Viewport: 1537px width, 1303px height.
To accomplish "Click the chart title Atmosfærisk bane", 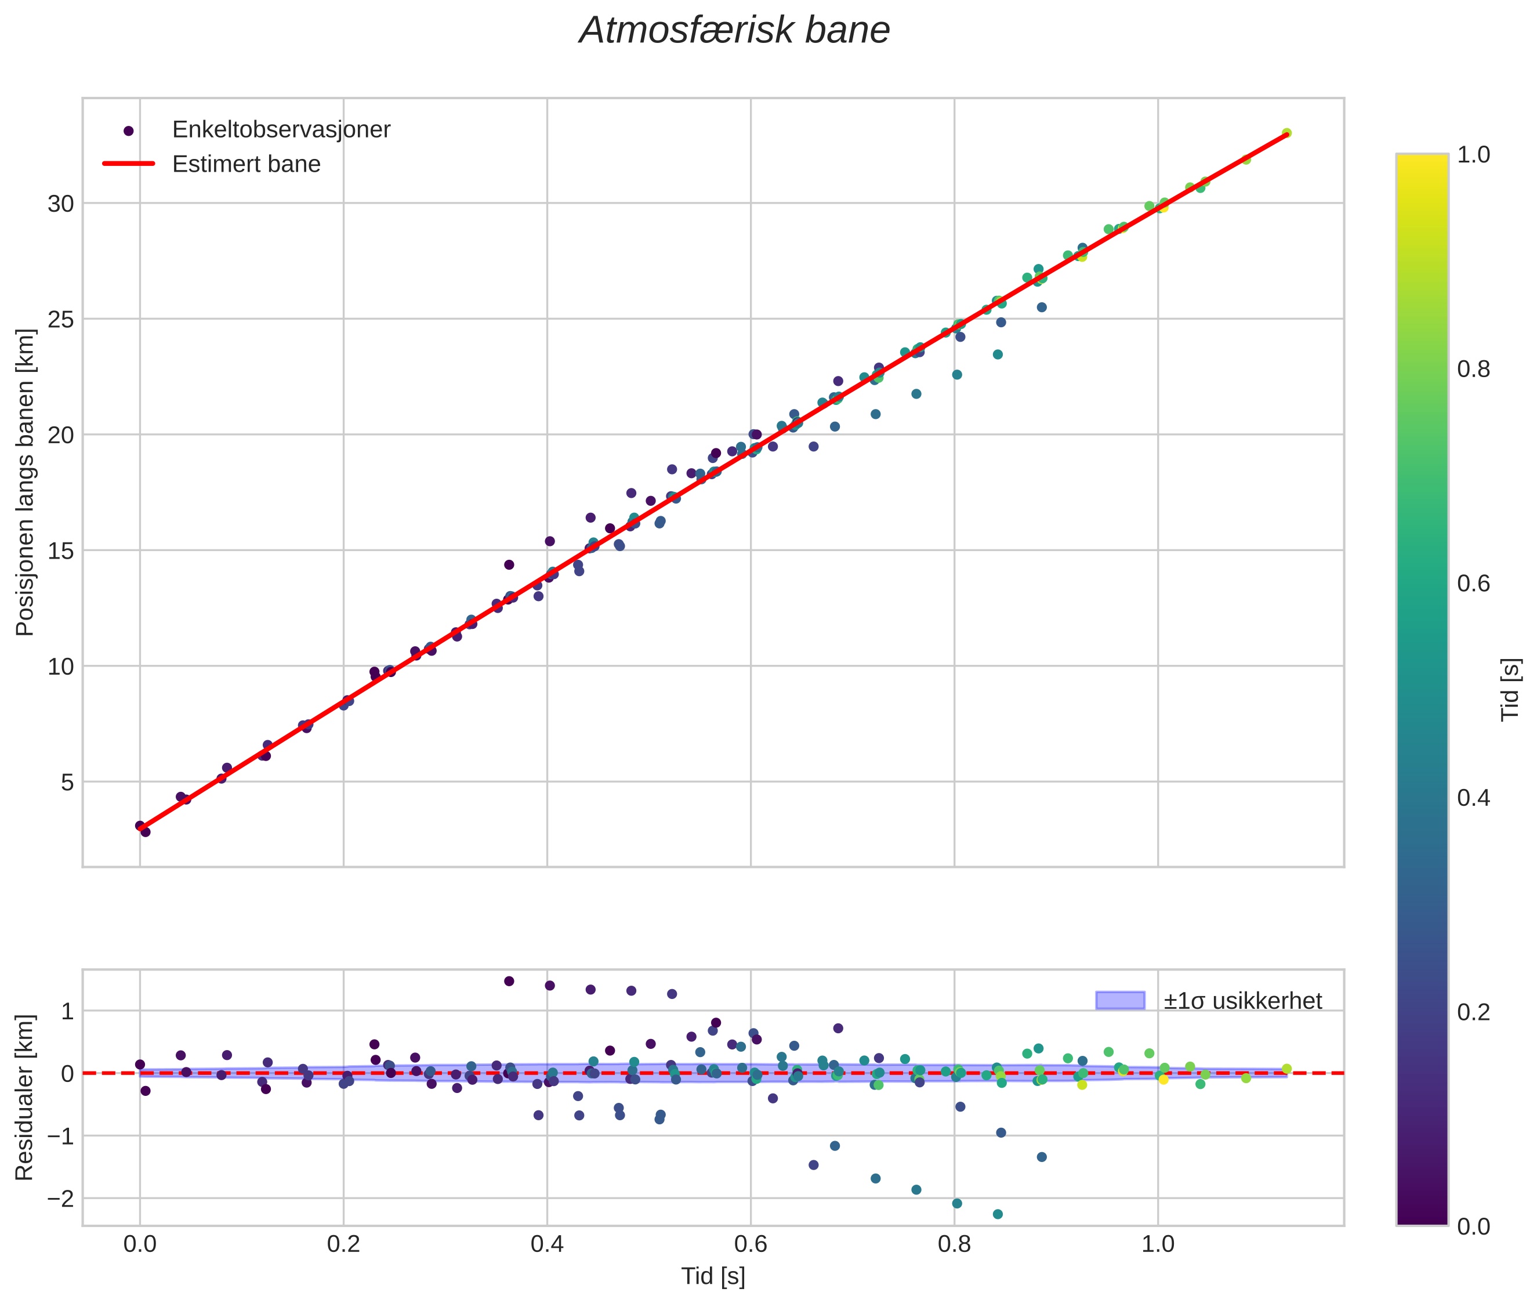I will (734, 31).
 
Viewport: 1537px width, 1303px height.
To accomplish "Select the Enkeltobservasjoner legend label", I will (281, 129).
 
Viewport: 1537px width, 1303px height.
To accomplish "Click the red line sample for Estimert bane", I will (129, 163).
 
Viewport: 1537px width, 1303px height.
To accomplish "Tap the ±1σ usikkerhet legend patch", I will (1120, 1000).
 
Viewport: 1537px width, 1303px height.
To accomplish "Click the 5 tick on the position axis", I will (67, 782).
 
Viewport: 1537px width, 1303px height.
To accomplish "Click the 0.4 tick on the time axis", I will (546, 1244).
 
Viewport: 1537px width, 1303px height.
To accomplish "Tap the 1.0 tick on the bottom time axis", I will (1157, 1244).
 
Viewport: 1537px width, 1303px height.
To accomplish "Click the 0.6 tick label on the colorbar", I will (1473, 584).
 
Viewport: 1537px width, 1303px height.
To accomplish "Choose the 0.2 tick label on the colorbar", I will (1473, 1012).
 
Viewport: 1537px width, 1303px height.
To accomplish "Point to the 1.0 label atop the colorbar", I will (1473, 155).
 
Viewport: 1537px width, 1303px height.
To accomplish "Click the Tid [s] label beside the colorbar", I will (1510, 689).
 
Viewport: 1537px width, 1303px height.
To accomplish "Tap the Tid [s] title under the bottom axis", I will (713, 1276).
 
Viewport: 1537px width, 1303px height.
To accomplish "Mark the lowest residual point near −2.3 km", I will (998, 1214).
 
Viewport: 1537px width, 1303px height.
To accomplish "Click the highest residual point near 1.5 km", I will (509, 981).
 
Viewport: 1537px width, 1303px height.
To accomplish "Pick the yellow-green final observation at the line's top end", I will (1286, 133).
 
